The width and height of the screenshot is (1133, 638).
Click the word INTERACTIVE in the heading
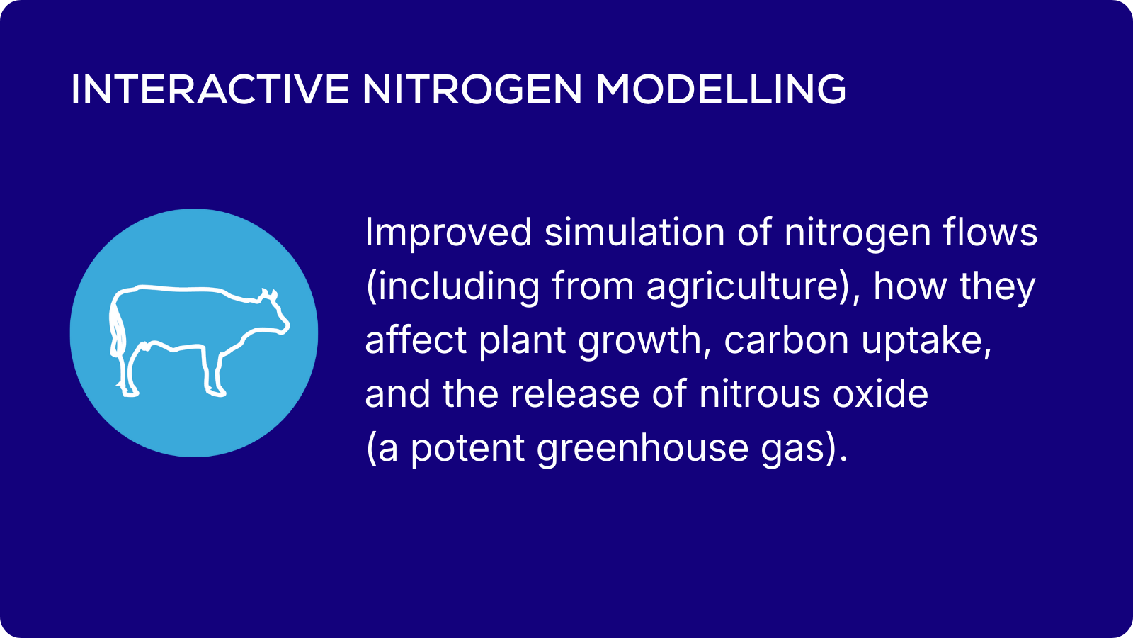210,89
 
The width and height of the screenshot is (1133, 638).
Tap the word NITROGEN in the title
472,89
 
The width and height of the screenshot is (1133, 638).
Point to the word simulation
634,233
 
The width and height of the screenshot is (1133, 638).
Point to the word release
574,393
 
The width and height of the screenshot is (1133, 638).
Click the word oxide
881,393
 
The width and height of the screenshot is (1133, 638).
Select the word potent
467,449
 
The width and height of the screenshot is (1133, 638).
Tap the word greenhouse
642,449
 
